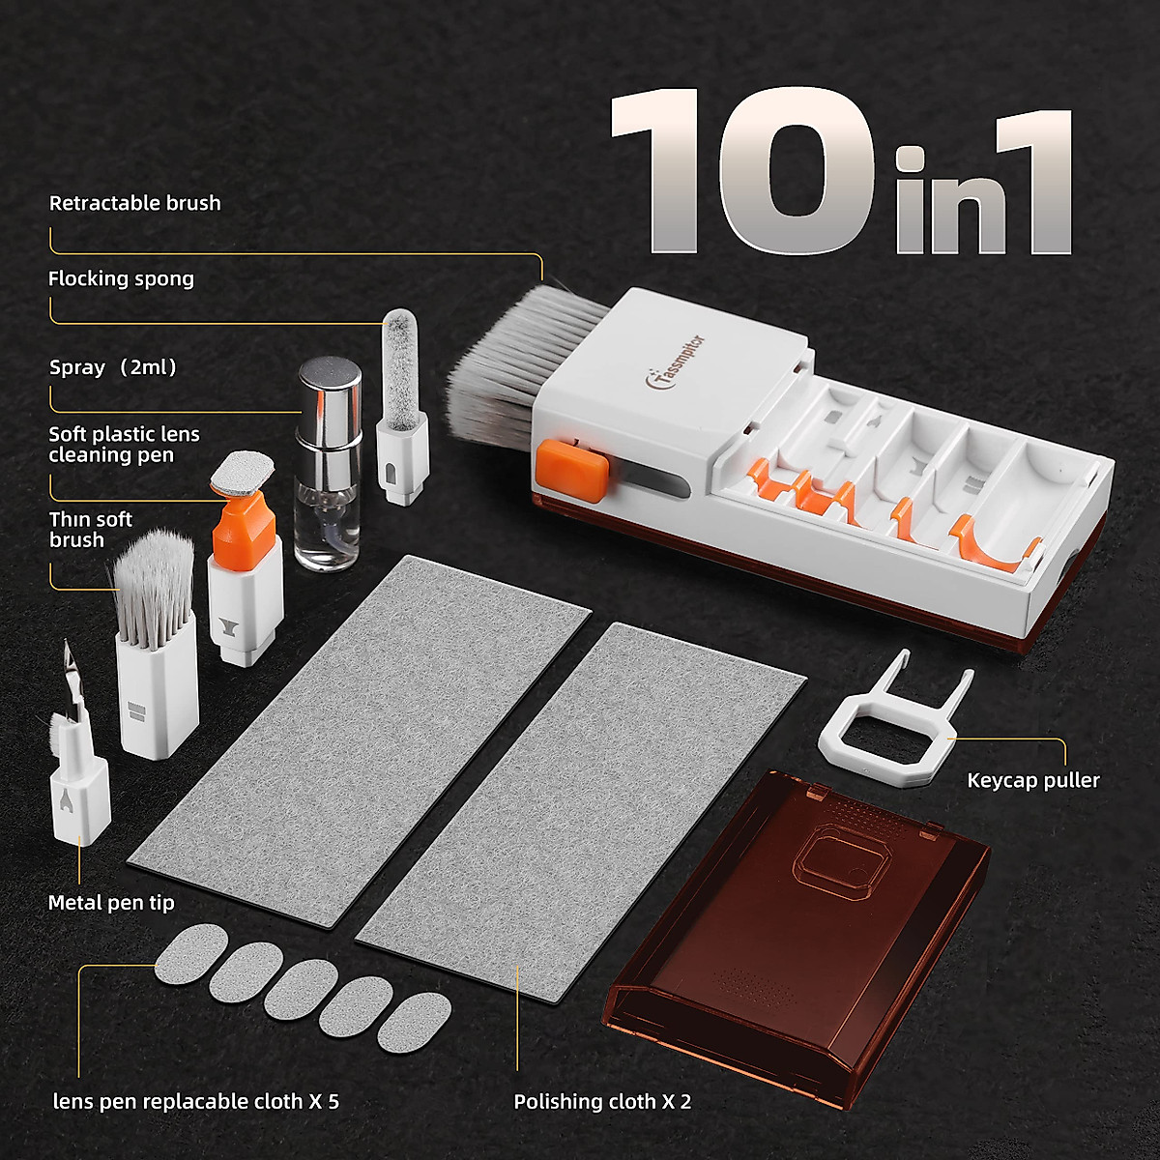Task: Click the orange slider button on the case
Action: click(573, 467)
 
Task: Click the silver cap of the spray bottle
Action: click(329, 390)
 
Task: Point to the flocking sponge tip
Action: click(398, 358)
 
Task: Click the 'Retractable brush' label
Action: click(134, 203)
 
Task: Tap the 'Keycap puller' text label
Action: click(1032, 780)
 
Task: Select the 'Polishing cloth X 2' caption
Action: click(602, 1101)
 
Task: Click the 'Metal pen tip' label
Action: click(111, 903)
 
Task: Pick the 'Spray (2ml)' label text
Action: click(113, 367)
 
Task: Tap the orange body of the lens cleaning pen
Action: click(237, 527)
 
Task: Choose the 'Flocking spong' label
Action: click(121, 279)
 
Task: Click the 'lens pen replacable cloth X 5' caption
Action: click(195, 1101)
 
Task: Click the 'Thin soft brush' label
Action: click(90, 529)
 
